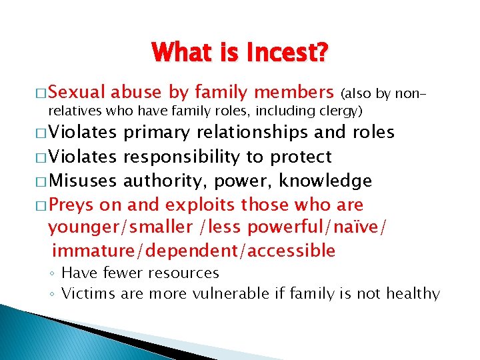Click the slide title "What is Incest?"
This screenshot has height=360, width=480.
[x=239, y=53]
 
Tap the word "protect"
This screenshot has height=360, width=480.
[x=301, y=157]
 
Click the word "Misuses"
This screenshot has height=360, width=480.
[x=83, y=180]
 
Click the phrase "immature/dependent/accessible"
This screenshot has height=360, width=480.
[x=193, y=251]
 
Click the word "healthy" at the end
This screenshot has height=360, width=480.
[x=415, y=293]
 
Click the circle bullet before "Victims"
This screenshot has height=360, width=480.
[x=53, y=294]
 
